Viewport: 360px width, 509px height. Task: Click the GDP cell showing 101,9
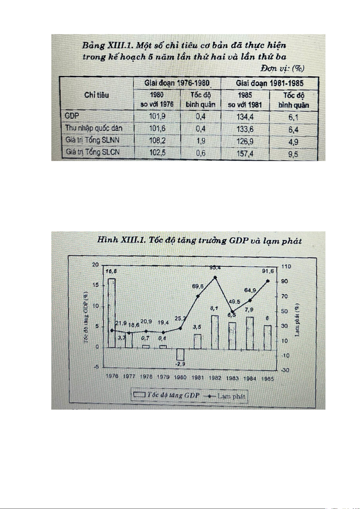point(157,116)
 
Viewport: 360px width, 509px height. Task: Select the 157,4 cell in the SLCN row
point(245,153)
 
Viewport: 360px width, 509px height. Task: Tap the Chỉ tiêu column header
point(97,95)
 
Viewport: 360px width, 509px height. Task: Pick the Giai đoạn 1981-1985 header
point(269,83)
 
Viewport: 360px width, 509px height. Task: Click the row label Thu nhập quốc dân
point(94,128)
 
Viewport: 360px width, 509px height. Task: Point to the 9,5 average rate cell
point(293,154)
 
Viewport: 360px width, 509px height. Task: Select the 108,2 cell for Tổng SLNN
point(157,140)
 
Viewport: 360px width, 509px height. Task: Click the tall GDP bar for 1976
point(112,313)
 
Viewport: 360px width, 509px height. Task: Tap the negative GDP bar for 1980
point(180,354)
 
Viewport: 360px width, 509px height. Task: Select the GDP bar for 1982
point(215,332)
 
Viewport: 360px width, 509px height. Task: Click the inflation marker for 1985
point(268,281)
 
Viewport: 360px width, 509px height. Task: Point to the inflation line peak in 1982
point(215,277)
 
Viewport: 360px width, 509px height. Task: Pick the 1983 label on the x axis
point(232,378)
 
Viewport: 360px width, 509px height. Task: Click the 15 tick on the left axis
point(96,285)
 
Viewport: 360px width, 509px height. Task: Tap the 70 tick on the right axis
point(284,296)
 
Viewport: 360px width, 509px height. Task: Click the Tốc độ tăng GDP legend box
point(140,395)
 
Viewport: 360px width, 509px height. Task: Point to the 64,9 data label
point(250,290)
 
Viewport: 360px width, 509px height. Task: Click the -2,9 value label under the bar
point(180,364)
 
